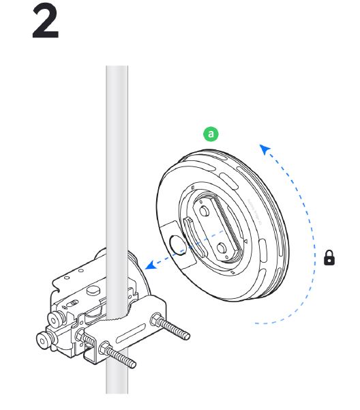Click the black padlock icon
(x=329, y=258)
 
